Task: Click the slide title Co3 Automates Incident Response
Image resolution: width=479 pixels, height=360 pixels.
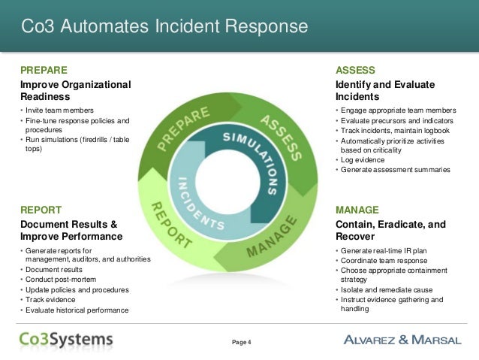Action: pyautogui.click(x=164, y=27)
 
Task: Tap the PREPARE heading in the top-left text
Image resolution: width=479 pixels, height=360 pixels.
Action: pyautogui.click(x=49, y=69)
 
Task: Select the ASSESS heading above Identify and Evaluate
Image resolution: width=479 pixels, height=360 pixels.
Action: pyautogui.click(x=354, y=69)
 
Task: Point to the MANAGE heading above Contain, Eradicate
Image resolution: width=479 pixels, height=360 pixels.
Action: pyautogui.click(x=357, y=210)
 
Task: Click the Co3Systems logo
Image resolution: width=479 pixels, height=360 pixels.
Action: pyautogui.click(x=66, y=339)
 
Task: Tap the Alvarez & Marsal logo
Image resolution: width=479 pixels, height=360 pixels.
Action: pyautogui.click(x=402, y=340)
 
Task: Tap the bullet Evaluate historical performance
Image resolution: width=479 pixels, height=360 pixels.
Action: pyautogui.click(x=77, y=309)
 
